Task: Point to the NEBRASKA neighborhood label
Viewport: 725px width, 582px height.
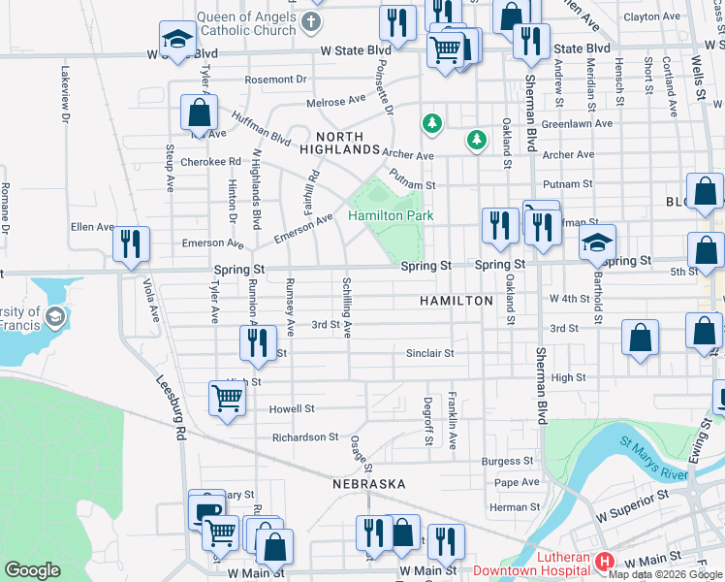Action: coord(367,483)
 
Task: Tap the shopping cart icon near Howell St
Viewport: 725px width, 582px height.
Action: coord(227,397)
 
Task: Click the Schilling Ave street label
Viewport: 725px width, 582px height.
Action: coord(346,307)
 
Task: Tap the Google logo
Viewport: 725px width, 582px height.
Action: coord(32,570)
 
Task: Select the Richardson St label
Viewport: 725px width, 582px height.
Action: coord(305,437)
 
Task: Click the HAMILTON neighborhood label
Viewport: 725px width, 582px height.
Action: coord(457,302)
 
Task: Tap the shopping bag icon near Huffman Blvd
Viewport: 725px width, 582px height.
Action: coord(199,113)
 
